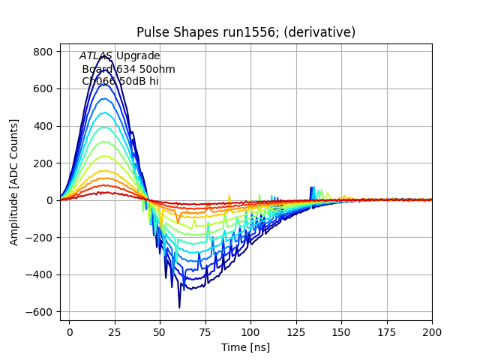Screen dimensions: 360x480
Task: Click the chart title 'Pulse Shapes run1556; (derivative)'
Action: click(246, 32)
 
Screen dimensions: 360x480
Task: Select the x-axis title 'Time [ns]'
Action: click(245, 347)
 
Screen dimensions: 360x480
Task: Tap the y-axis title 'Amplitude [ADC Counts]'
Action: click(14, 182)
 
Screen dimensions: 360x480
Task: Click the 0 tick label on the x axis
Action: click(70, 331)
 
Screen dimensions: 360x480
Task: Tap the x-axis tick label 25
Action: click(115, 331)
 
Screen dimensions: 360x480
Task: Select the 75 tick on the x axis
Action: click(205, 331)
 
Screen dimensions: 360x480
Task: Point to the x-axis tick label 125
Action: click(296, 331)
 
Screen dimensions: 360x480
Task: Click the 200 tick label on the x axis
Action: click(432, 331)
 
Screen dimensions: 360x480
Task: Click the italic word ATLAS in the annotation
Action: click(96, 56)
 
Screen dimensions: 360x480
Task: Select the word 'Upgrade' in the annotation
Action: click(138, 56)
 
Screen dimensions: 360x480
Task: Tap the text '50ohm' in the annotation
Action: click(158, 69)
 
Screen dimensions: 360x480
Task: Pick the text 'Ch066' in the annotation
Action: click(98, 82)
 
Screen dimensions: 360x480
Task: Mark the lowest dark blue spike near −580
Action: click(179, 307)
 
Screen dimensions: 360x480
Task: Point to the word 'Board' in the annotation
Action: click(97, 69)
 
